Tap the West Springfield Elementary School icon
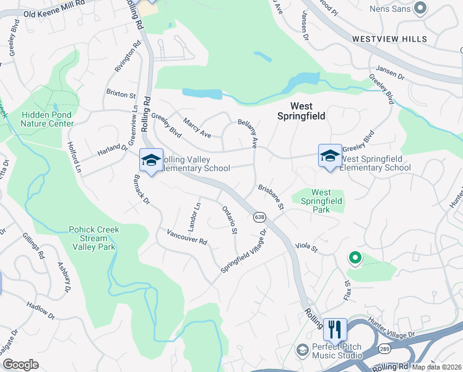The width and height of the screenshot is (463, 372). click(x=330, y=156)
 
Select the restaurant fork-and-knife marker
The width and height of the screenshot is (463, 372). click(x=335, y=329)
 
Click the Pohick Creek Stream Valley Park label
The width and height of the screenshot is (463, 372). click(x=95, y=237)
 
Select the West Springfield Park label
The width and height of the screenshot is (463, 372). click(x=321, y=201)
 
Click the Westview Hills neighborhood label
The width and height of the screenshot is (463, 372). click(x=389, y=39)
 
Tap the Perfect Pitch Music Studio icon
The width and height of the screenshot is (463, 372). click(x=302, y=350)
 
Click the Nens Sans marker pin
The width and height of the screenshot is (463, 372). click(x=421, y=8)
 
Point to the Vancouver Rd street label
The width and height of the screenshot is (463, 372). click(x=186, y=237)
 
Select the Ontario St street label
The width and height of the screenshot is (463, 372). click(x=230, y=220)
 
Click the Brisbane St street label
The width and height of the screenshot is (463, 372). click(x=270, y=196)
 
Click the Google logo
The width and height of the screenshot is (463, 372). click(x=21, y=364)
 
